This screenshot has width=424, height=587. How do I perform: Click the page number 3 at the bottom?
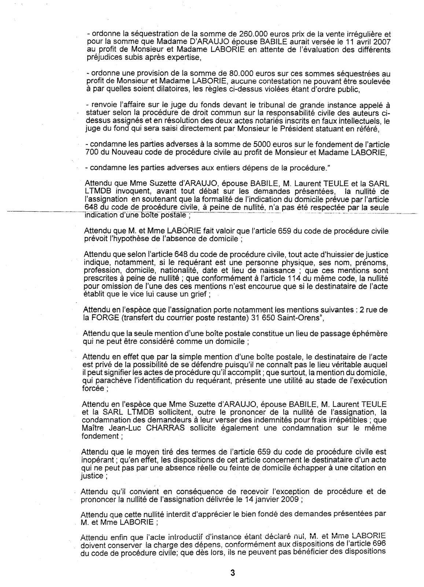click(x=232, y=573)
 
